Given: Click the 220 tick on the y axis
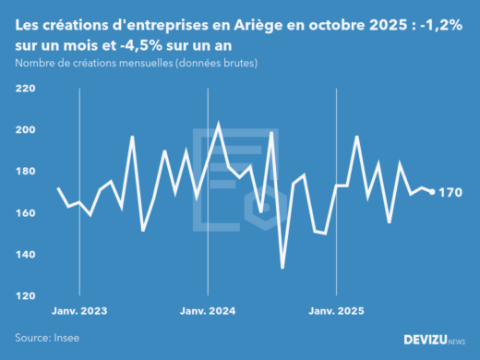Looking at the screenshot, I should pyautogui.click(x=25, y=89).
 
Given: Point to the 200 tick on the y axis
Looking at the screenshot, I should pyautogui.click(x=25, y=130).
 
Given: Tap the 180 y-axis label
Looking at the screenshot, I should pyautogui.click(x=25, y=172).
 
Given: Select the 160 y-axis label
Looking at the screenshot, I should pyautogui.click(x=25, y=213).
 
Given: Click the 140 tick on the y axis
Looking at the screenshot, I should pyautogui.click(x=25, y=255).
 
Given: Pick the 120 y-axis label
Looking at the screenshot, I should pyautogui.click(x=25, y=296).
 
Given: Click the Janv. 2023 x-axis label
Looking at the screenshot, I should pyautogui.click(x=78, y=311).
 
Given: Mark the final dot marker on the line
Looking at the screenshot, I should pyautogui.click(x=433, y=192).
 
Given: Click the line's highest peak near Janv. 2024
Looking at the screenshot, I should pyautogui.click(x=218, y=124).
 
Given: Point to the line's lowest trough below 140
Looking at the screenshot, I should pyautogui.click(x=282, y=268).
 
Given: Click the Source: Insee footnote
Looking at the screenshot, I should pyautogui.click(x=47, y=338).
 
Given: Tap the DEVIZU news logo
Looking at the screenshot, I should pyautogui.click(x=435, y=340).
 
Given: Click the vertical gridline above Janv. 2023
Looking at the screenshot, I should pyautogui.click(x=79, y=185).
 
